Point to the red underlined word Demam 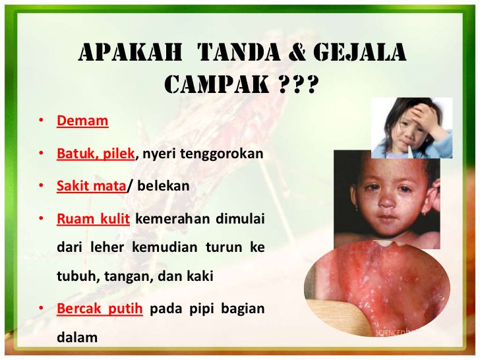pyautogui.click(x=82, y=121)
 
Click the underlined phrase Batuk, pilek pyautogui.click(x=96, y=154)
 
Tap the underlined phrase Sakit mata pyautogui.click(x=91, y=186)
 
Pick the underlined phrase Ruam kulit pyautogui.click(x=93, y=218)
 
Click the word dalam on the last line pyautogui.click(x=77, y=338)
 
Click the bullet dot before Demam pyautogui.click(x=42, y=121)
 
